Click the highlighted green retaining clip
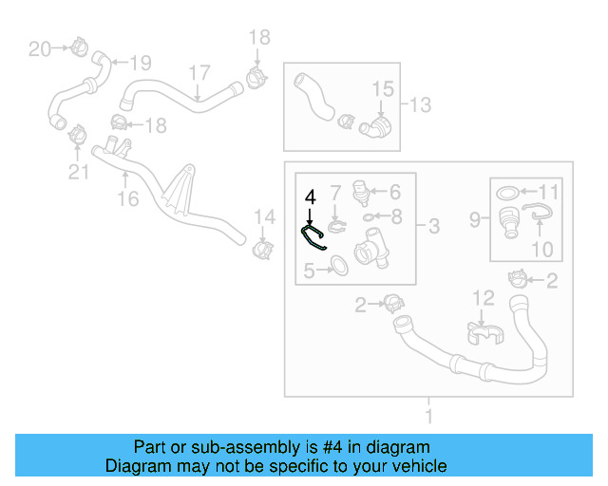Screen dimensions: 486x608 (x=313, y=238)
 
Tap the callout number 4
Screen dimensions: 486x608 (x=309, y=197)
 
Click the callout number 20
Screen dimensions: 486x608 (x=39, y=48)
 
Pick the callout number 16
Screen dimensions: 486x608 (x=127, y=198)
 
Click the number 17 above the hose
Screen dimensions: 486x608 (x=199, y=73)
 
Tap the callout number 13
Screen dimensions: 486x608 (x=420, y=103)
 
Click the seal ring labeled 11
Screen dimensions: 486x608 (x=509, y=193)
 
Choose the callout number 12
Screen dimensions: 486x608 (x=484, y=298)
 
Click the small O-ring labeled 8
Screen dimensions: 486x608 (x=370, y=217)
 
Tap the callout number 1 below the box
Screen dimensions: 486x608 (x=428, y=416)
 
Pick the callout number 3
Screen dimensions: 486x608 (x=433, y=226)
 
